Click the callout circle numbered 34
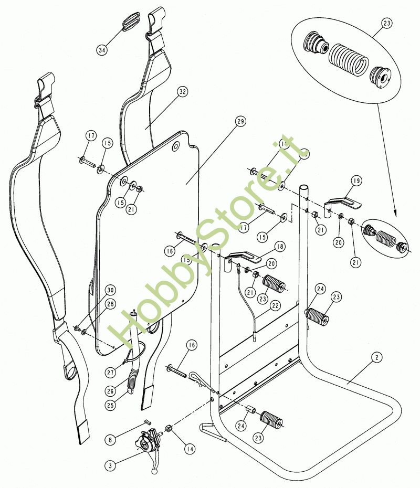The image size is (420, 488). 102,50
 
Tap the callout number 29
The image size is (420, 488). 240,122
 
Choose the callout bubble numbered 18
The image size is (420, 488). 279,247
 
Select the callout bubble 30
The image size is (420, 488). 110,290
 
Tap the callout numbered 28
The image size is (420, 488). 110,305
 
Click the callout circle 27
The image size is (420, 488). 110,372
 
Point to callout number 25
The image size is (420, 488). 109,405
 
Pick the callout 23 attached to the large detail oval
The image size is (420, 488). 387,24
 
